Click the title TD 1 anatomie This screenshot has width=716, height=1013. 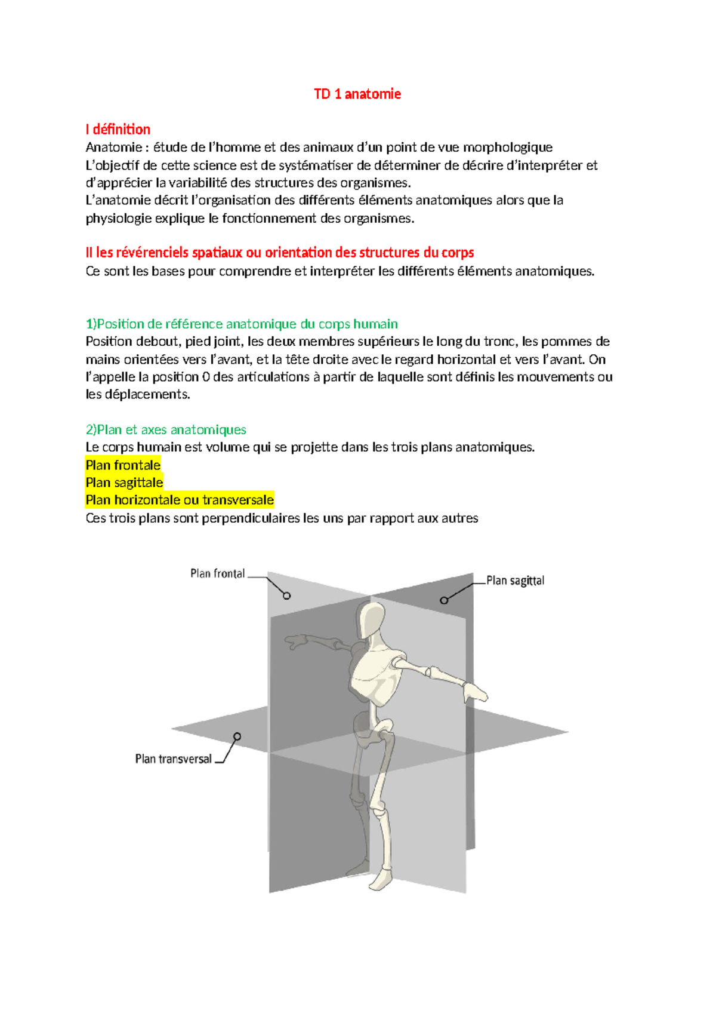pos(357,94)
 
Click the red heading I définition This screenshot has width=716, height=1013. pos(118,129)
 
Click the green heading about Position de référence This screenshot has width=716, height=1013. pos(242,324)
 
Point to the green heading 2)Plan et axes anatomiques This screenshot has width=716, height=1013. pos(166,429)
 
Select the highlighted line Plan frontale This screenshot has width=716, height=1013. pos(123,465)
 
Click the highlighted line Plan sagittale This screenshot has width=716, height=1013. pos(124,482)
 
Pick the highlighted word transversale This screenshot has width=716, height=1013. pos(237,499)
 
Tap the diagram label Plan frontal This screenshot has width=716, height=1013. pos(217,573)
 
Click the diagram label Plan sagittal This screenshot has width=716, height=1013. pos(515,581)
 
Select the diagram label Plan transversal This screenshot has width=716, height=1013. pos(173,759)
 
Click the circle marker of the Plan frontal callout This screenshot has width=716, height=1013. pos(287,595)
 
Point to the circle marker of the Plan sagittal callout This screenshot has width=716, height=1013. pos(444,600)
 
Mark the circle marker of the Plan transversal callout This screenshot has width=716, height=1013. pos(237,736)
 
